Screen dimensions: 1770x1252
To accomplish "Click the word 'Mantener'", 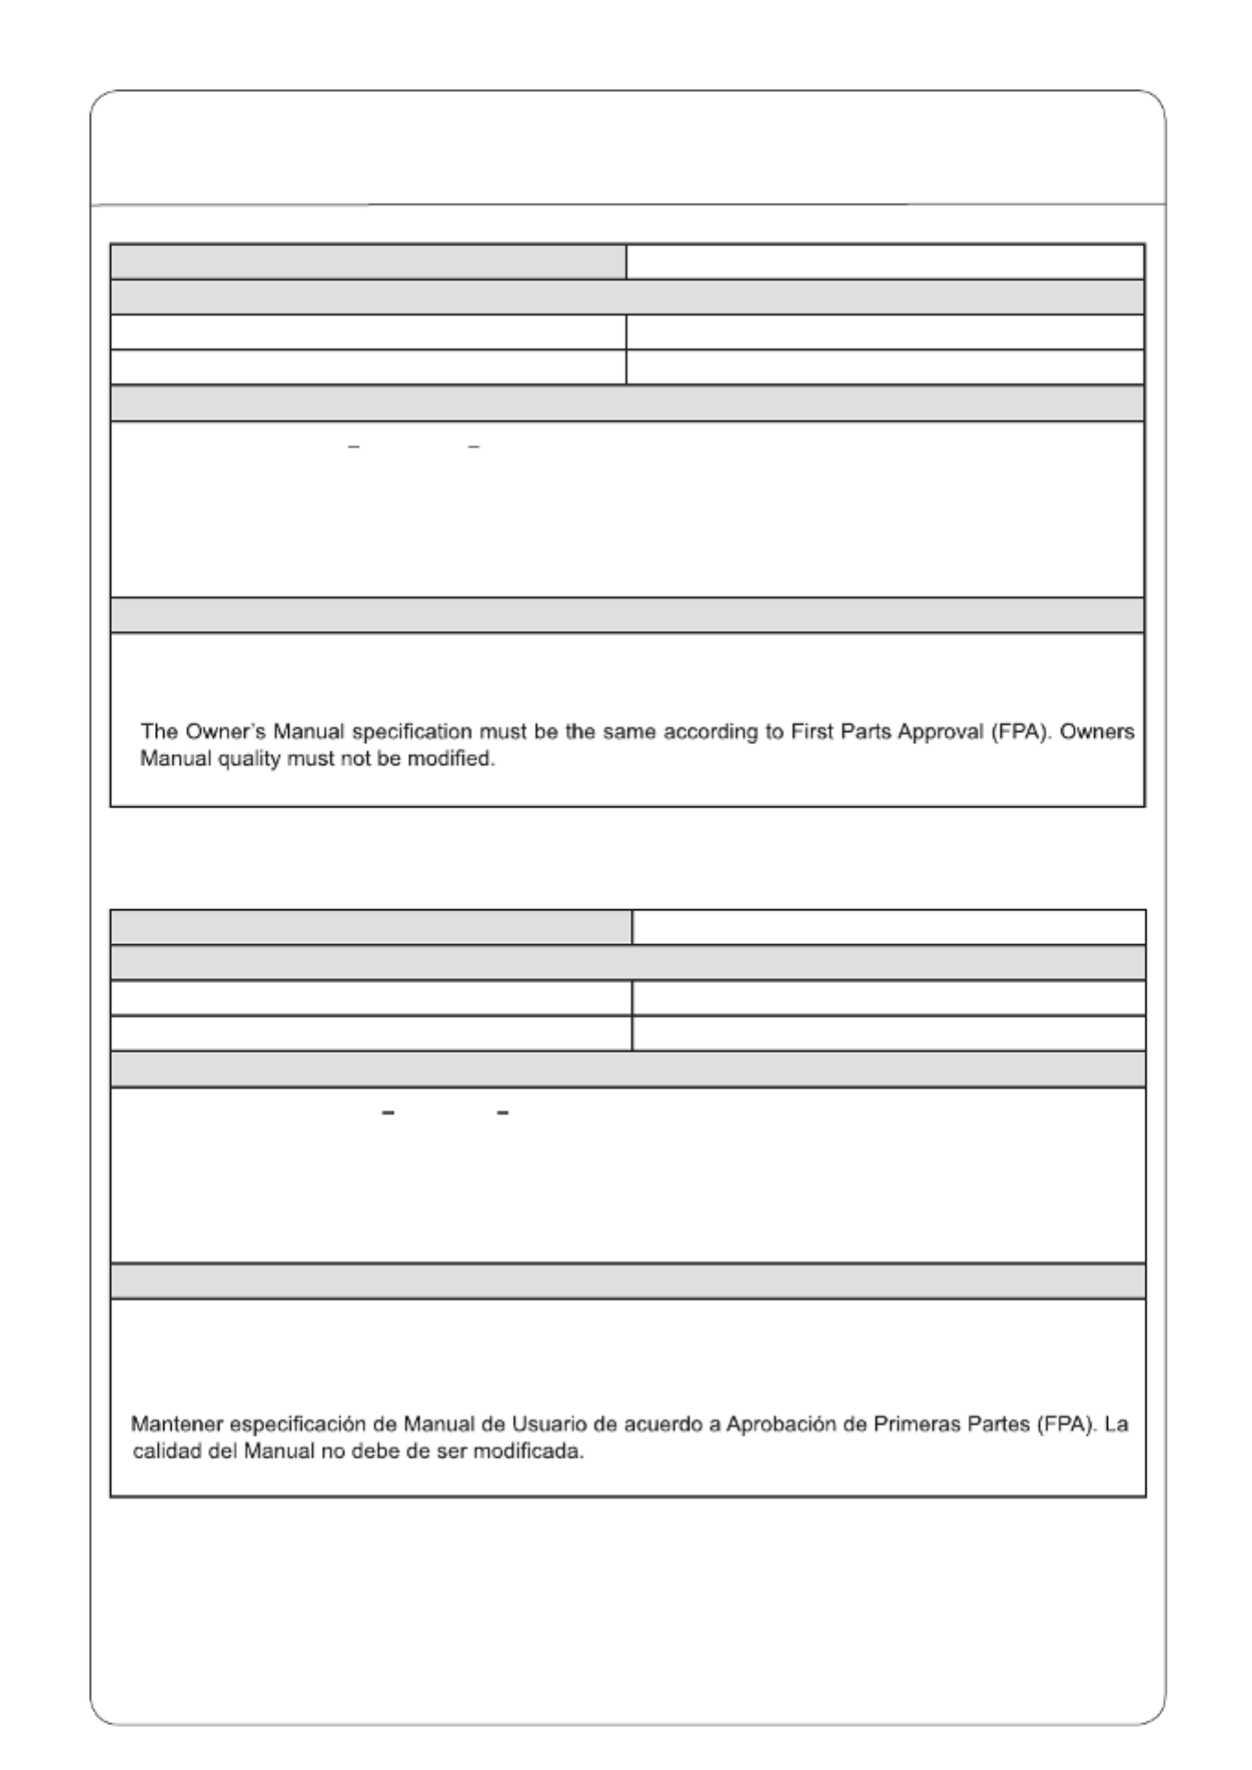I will pos(176,1425).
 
